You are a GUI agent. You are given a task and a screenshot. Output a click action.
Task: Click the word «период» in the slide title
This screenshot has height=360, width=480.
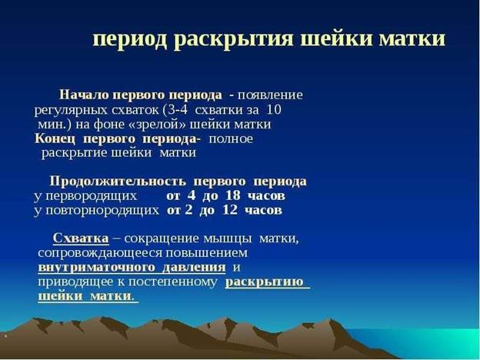click(x=130, y=40)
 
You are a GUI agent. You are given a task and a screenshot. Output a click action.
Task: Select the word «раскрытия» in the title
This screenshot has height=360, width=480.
click(x=234, y=40)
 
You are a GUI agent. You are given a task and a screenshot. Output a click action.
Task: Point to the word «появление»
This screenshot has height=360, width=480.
click(x=270, y=95)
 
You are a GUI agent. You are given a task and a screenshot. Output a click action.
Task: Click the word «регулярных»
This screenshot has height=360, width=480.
click(x=71, y=110)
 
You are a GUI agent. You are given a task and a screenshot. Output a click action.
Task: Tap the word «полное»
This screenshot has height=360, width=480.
click(x=231, y=139)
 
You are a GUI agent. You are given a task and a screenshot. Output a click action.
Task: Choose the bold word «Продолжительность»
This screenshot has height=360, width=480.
click(x=118, y=182)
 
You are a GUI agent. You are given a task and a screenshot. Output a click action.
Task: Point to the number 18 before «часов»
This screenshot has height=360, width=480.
click(x=232, y=195)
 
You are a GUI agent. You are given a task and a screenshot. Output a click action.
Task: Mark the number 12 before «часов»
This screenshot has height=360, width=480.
click(x=230, y=210)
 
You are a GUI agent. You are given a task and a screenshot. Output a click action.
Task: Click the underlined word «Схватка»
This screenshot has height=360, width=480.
click(x=81, y=238)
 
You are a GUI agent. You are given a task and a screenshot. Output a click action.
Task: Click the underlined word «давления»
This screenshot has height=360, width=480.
click(x=194, y=267)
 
